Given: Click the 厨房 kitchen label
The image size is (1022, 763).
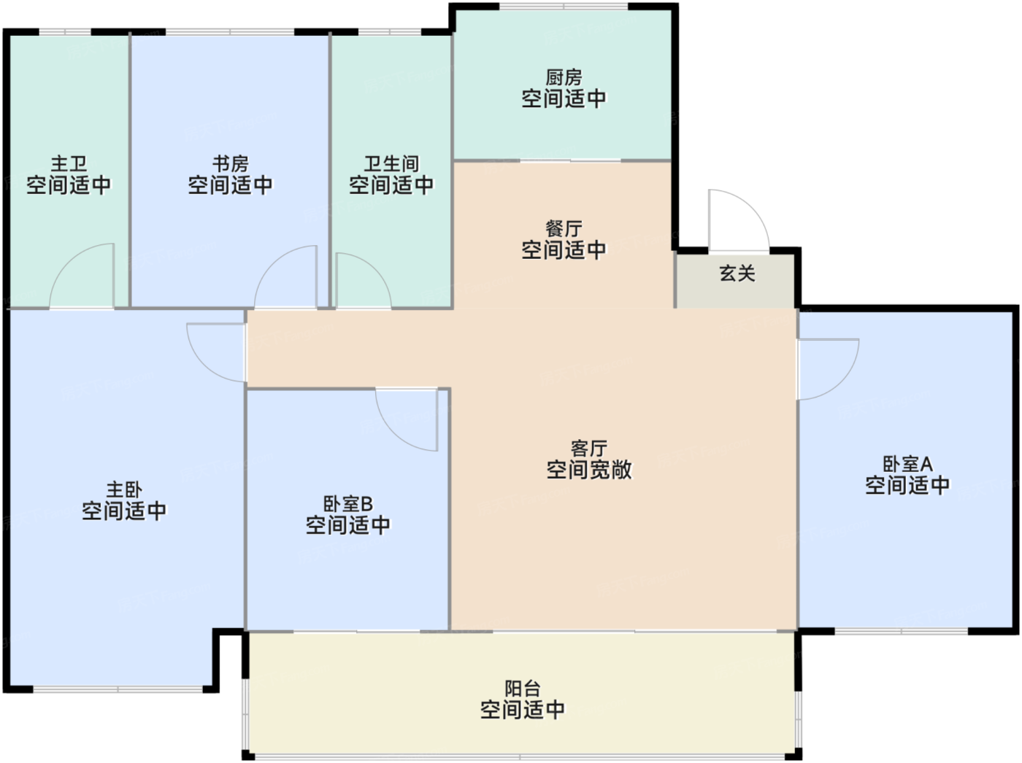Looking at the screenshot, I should click(564, 77).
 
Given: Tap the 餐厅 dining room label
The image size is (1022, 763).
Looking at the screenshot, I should click(564, 228).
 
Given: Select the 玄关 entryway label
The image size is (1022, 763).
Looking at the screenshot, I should click(737, 274).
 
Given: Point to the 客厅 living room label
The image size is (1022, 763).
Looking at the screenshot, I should click(588, 448).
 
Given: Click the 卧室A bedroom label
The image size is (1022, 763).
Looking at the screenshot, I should click(907, 464).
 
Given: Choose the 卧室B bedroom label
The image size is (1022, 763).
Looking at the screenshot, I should click(347, 504).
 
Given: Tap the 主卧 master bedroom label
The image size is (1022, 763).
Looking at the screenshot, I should click(124, 489).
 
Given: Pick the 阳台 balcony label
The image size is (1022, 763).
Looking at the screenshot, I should click(522, 688).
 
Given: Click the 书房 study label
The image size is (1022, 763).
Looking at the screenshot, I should click(230, 164).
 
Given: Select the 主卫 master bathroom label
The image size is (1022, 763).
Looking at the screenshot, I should click(69, 164).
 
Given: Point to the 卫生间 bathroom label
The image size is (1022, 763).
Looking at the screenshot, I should click(391, 164).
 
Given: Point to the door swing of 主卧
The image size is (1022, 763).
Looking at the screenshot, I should click(216, 352).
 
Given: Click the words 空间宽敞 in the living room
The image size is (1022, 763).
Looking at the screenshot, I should click(588, 470).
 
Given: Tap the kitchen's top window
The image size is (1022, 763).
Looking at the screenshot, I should click(563, 7).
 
